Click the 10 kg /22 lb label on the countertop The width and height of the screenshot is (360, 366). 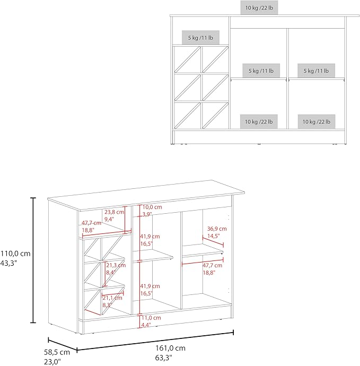259,8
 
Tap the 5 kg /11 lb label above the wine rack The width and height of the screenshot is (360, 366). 200,38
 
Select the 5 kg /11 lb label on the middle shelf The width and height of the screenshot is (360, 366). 261,71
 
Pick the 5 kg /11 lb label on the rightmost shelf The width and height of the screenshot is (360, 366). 316,71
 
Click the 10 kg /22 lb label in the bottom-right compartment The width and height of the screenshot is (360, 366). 317,121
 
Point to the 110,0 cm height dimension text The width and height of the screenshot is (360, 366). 15,254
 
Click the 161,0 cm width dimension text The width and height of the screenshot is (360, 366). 171,348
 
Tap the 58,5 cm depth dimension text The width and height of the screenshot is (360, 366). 57,352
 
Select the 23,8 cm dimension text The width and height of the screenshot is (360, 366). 115,212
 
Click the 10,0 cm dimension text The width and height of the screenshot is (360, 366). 152,207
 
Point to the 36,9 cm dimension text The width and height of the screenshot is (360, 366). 217,229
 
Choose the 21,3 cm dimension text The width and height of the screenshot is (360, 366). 116,265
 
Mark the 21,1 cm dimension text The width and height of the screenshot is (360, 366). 112,298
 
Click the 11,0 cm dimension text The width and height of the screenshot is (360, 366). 151,318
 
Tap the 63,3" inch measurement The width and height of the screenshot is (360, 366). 163,358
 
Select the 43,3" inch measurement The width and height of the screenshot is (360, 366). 8,263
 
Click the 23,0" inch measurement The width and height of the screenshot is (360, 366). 52,362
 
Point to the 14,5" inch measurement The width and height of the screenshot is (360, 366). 214,236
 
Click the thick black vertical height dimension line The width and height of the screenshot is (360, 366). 33,260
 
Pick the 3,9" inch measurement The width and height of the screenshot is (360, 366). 147,214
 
